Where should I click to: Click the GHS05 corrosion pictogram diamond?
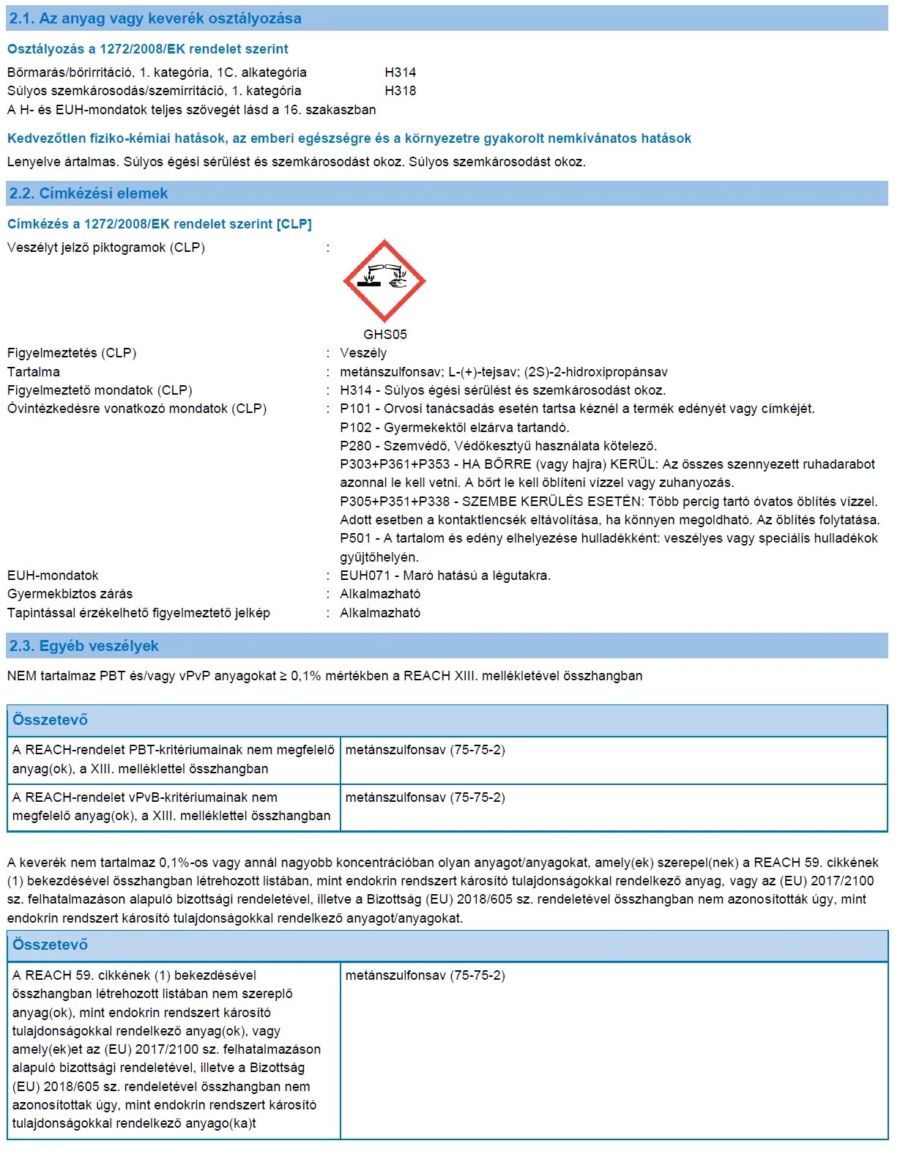pyautogui.click(x=384, y=280)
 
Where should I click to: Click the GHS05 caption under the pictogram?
pyautogui.click(x=384, y=335)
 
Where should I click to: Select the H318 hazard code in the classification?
pyautogui.click(x=400, y=91)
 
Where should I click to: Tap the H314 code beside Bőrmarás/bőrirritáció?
pyautogui.click(x=400, y=72)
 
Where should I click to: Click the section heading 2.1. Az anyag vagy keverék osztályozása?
pyautogui.click(x=155, y=18)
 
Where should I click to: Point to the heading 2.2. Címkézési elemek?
pyautogui.click(x=89, y=193)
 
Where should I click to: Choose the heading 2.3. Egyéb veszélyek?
pyautogui.click(x=84, y=646)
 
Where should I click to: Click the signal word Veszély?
pyautogui.click(x=363, y=353)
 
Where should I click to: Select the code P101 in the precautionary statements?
pyautogui.click(x=355, y=409)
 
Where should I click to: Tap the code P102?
pyautogui.click(x=355, y=428)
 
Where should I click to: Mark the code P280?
pyautogui.click(x=355, y=446)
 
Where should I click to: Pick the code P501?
pyautogui.click(x=355, y=538)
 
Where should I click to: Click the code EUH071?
pyautogui.click(x=363, y=576)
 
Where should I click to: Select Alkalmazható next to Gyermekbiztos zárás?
pyautogui.click(x=380, y=594)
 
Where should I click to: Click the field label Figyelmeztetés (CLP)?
pyautogui.click(x=72, y=353)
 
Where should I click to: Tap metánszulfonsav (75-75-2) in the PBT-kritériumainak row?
pyautogui.click(x=425, y=750)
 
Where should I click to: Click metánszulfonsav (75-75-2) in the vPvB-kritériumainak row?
pyautogui.click(x=425, y=797)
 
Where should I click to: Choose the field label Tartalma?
pyautogui.click(x=34, y=372)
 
